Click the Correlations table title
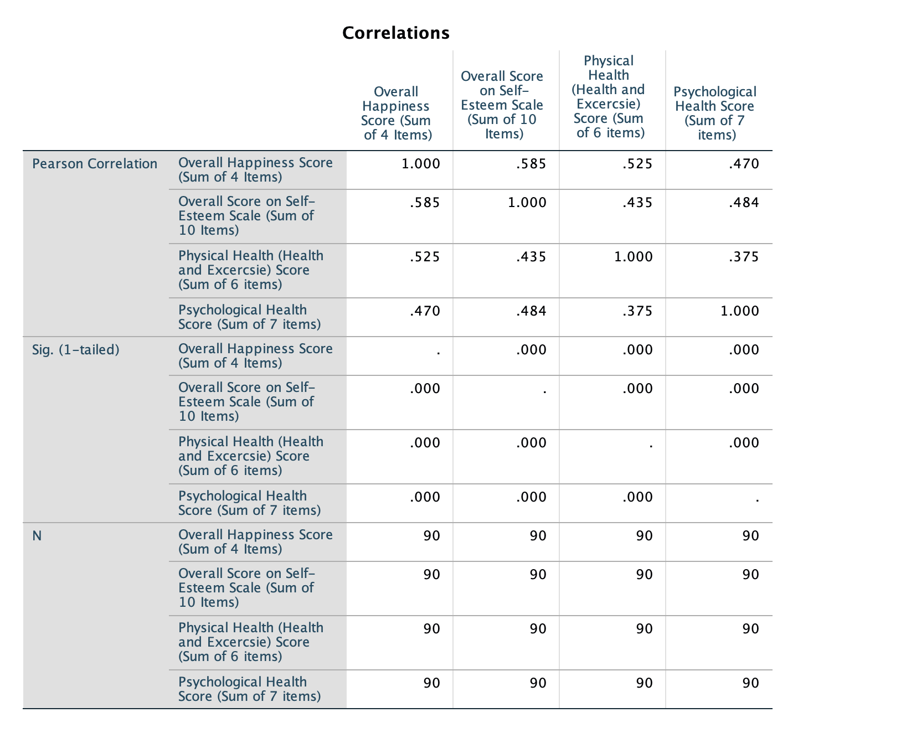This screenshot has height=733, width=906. tap(395, 33)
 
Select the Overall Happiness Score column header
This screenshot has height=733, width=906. tap(396, 113)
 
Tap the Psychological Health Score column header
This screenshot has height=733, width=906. tap(715, 113)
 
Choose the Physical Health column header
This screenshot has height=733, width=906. tap(609, 97)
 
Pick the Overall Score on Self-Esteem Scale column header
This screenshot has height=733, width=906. tap(502, 105)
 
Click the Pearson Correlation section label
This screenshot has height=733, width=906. tap(95, 164)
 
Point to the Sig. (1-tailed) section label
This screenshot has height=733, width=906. tap(76, 350)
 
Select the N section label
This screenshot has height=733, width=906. tap(37, 536)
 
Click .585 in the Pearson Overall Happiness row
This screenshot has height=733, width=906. tap(531, 164)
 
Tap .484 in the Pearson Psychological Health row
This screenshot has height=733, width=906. tap(531, 311)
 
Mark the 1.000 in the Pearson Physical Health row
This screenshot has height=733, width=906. tap(634, 257)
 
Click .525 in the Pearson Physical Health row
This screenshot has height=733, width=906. tap(425, 257)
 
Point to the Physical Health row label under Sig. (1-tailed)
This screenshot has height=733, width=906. tap(251, 456)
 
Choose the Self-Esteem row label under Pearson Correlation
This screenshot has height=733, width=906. tap(246, 216)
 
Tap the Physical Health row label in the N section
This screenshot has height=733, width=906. tap(251, 642)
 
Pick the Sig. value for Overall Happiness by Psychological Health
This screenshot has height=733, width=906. tap(744, 350)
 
